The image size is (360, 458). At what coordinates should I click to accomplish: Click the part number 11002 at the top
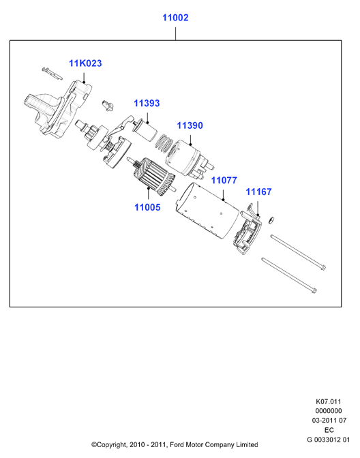[x=175, y=18]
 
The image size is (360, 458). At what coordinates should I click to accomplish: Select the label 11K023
[x=85, y=63]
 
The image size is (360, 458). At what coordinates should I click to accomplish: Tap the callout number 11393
[x=147, y=103]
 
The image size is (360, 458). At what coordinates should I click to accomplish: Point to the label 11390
[x=190, y=125]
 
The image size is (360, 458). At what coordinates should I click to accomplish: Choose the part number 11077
[x=224, y=180]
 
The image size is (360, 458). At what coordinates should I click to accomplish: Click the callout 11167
[x=258, y=192]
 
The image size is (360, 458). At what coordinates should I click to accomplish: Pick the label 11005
[x=147, y=207]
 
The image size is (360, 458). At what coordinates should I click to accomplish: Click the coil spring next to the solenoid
[x=164, y=143]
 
